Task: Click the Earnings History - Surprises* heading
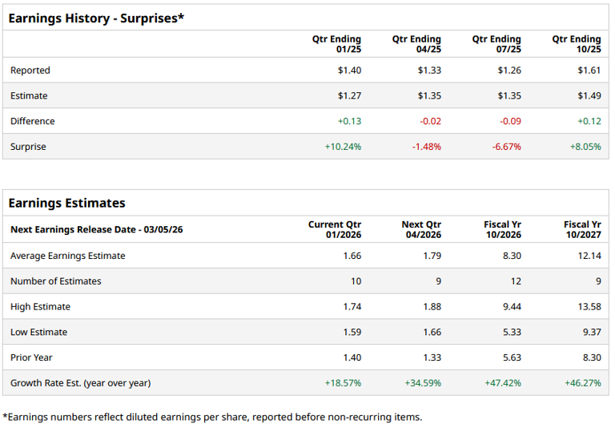point(96,18)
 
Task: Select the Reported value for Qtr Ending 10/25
point(589,71)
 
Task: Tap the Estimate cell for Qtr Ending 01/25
point(349,96)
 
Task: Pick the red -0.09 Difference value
point(509,122)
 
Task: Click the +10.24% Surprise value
point(343,147)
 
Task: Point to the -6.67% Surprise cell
point(505,147)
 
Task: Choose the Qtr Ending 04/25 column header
point(416,44)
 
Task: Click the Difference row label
point(33,122)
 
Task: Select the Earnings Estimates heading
point(66,203)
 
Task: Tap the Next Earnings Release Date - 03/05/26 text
point(96,230)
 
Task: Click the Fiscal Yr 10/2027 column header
point(582,230)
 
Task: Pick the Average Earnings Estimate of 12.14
point(589,256)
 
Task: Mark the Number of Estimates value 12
point(516,281)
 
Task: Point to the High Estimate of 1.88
point(431,307)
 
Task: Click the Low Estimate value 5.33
point(511,333)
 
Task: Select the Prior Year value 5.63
point(511,358)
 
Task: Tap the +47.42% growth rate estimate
point(503,383)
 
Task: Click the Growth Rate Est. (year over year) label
point(80,383)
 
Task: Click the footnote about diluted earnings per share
point(212,416)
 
